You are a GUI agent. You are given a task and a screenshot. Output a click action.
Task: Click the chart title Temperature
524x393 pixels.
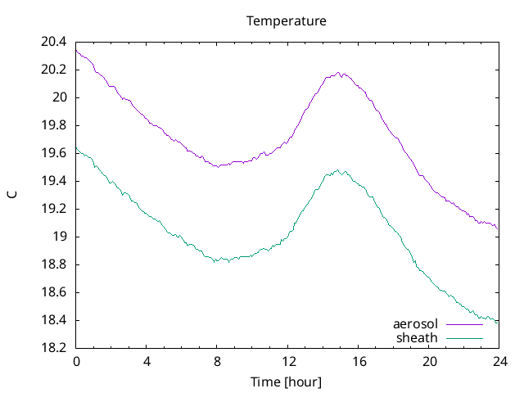pyautogui.click(x=287, y=20)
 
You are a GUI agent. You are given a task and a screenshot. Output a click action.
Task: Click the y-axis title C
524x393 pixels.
pyautogui.click(x=11, y=195)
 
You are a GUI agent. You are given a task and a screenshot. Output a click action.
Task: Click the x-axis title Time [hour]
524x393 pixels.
pyautogui.click(x=287, y=382)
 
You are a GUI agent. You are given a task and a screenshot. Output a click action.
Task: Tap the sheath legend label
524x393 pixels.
pyautogui.click(x=418, y=337)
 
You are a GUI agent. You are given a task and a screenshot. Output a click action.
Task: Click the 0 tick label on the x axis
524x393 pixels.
pyautogui.click(x=76, y=361)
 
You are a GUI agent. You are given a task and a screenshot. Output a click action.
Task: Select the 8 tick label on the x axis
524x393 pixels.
pyautogui.click(x=217, y=361)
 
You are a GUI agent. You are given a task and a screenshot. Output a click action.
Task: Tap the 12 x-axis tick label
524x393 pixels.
pyautogui.click(x=287, y=361)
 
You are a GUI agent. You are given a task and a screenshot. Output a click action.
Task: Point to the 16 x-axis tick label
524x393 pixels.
pyautogui.click(x=358, y=361)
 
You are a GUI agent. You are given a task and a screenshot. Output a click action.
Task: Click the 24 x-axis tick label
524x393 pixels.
pyautogui.click(x=499, y=361)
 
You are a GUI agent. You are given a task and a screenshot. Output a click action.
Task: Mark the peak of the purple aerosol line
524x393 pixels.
pyautogui.click(x=339, y=72)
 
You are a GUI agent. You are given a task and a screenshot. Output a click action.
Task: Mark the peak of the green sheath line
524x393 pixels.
pyautogui.click(x=337, y=170)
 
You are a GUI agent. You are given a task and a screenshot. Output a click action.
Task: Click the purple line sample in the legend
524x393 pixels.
pyautogui.click(x=463, y=325)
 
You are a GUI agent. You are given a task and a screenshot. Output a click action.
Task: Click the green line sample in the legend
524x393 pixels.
pyautogui.click(x=463, y=337)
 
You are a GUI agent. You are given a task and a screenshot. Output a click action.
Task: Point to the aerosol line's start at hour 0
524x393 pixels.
pyautogui.click(x=76, y=51)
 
